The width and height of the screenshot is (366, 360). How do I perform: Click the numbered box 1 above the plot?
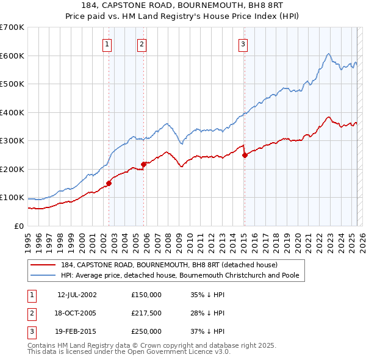point(107,43)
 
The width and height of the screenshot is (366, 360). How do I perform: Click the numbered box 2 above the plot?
point(142,43)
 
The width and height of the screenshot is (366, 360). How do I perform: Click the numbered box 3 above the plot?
point(243,43)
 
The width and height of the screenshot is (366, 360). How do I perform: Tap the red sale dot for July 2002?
point(109,182)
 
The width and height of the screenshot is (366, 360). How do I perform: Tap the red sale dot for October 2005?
point(144,164)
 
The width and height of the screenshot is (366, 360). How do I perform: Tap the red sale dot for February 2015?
point(245,155)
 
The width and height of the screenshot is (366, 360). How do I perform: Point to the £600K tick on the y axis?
point(12,56)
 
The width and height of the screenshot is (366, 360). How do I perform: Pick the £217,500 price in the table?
point(146,313)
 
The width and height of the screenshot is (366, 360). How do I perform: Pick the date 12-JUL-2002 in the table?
point(77,295)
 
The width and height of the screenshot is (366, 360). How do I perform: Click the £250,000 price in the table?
point(146,331)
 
